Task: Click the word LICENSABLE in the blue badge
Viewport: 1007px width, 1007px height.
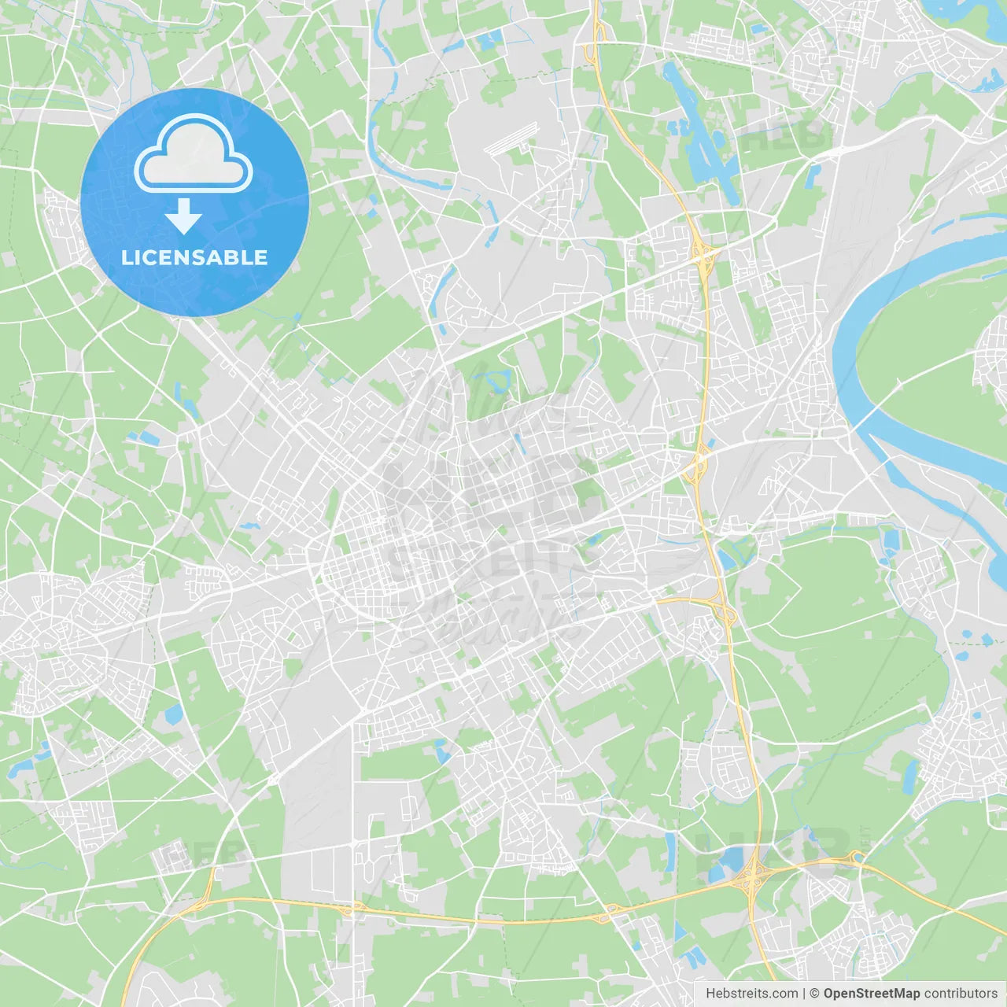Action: (194, 257)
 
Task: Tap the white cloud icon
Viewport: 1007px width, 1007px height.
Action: (194, 154)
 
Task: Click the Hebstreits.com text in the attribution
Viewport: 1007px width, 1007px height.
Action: (751, 994)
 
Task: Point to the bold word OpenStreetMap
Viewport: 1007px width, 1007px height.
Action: (871, 994)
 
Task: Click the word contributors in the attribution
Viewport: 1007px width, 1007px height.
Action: (961, 994)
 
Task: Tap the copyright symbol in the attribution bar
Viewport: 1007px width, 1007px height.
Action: (814, 994)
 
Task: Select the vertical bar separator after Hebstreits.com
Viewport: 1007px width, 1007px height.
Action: (804, 994)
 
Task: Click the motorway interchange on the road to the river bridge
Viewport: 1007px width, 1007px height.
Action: (696, 464)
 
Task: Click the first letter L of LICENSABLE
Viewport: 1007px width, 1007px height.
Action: (127, 257)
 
